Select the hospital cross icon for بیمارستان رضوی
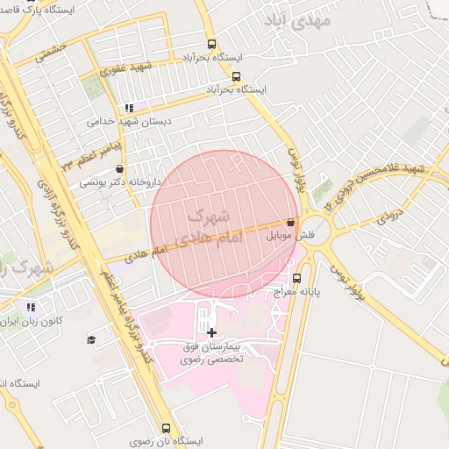[x=210, y=332]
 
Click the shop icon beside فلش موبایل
[x=290, y=223]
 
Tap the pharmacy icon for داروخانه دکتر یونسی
[x=120, y=169]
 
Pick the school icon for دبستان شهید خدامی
[x=130, y=108]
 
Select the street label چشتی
[x=51, y=52]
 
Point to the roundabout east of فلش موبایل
[x=317, y=233]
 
